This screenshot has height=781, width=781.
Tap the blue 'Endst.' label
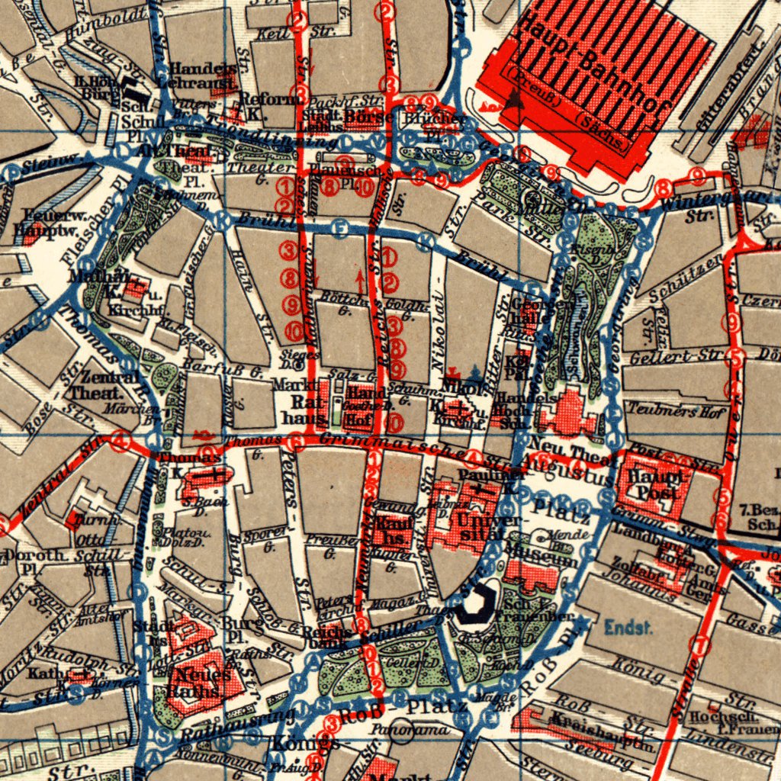(x=628, y=628)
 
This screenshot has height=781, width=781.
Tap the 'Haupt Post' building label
(x=654, y=485)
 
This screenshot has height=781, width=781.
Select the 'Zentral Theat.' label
(x=93, y=386)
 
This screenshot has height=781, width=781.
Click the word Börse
(x=368, y=117)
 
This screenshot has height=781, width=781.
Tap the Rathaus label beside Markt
(x=296, y=409)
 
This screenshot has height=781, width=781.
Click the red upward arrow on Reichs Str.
(x=360, y=281)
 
